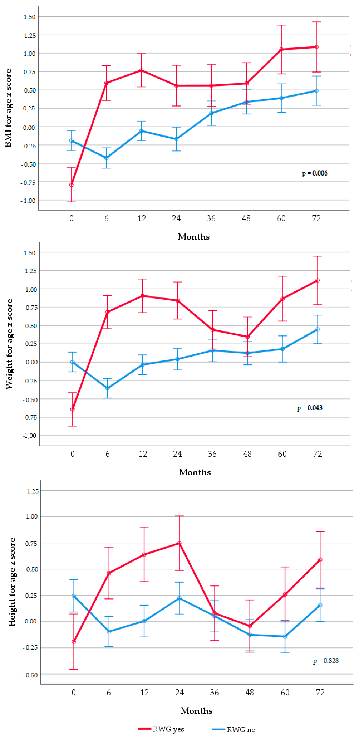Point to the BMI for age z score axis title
tap(8, 108)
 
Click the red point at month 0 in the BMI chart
tap(72, 185)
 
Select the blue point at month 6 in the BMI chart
tap(107, 158)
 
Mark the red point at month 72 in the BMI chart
tap(316, 47)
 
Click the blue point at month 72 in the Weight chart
tap(317, 329)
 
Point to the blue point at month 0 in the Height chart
tap(74, 596)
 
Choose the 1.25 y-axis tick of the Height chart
tap(33, 491)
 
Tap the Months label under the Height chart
tap(197, 711)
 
